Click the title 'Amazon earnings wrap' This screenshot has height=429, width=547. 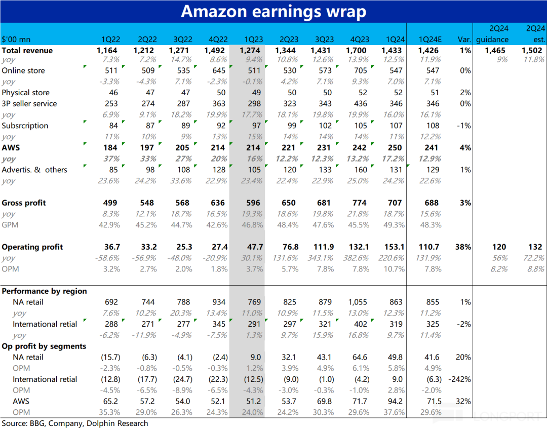click(273, 11)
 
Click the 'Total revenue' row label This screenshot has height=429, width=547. click(27, 51)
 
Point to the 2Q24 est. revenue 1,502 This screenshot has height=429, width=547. click(533, 51)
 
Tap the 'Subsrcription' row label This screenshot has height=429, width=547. click(25, 126)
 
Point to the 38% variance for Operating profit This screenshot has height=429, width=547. click(463, 247)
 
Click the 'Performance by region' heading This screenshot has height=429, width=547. click(45, 291)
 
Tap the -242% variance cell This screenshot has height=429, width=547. click(460, 379)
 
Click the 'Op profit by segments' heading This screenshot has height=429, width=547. click(44, 346)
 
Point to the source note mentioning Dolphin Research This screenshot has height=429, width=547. click(75, 423)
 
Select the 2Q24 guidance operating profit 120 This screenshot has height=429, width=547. click(499, 247)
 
